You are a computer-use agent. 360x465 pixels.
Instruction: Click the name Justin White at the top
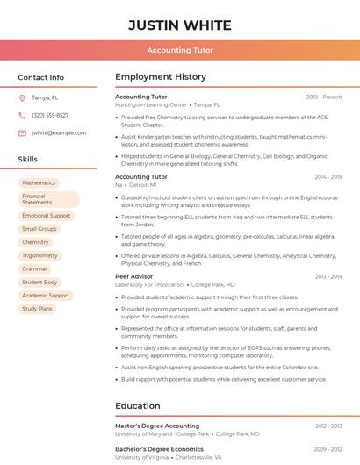click(x=180, y=25)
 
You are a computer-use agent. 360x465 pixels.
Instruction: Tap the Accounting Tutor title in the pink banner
click(x=180, y=50)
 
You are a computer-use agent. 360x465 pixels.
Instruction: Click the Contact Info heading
click(x=41, y=77)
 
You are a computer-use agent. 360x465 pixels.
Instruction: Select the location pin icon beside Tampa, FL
click(x=22, y=97)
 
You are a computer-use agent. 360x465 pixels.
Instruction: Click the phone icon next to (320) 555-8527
click(x=22, y=115)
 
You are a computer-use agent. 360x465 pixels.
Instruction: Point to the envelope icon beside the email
click(x=22, y=132)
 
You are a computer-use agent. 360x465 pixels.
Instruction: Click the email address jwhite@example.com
click(x=59, y=132)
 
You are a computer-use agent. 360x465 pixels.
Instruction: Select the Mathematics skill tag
click(x=39, y=182)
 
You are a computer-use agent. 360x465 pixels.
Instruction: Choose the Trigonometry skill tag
click(x=40, y=255)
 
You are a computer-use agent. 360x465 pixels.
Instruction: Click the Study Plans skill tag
click(x=38, y=309)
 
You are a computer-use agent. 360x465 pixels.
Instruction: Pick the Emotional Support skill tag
click(x=47, y=215)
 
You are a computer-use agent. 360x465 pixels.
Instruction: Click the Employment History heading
click(x=161, y=77)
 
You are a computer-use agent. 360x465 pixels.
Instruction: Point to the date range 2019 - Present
click(x=324, y=97)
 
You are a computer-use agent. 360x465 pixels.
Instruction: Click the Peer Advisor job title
click(x=134, y=276)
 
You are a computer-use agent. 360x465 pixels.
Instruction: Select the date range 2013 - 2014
click(x=328, y=276)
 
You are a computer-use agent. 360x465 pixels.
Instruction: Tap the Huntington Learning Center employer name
click(x=150, y=104)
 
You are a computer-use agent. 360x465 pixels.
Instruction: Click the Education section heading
click(x=137, y=406)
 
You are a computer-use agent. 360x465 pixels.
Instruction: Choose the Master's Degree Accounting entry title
click(x=157, y=426)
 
